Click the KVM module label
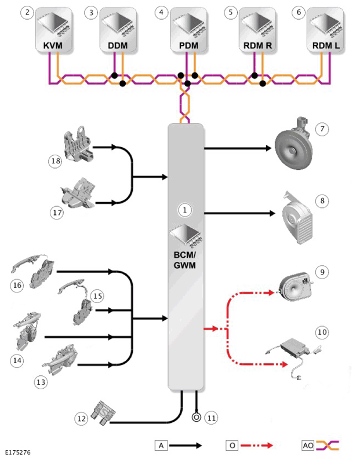tap(53, 46)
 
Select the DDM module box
tap(118, 30)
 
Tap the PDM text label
tap(188, 46)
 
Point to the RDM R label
tap(257, 46)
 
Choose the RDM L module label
tap(326, 46)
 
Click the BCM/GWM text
tap(185, 260)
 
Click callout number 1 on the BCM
tap(185, 210)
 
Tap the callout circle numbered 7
tap(322, 129)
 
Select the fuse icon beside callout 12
tap(104, 412)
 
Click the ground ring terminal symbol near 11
tap(196, 417)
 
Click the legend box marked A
tap(161, 445)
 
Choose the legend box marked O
tap(232, 445)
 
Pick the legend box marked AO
tap(308, 445)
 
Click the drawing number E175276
tap(18, 452)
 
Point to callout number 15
tap(98, 296)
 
